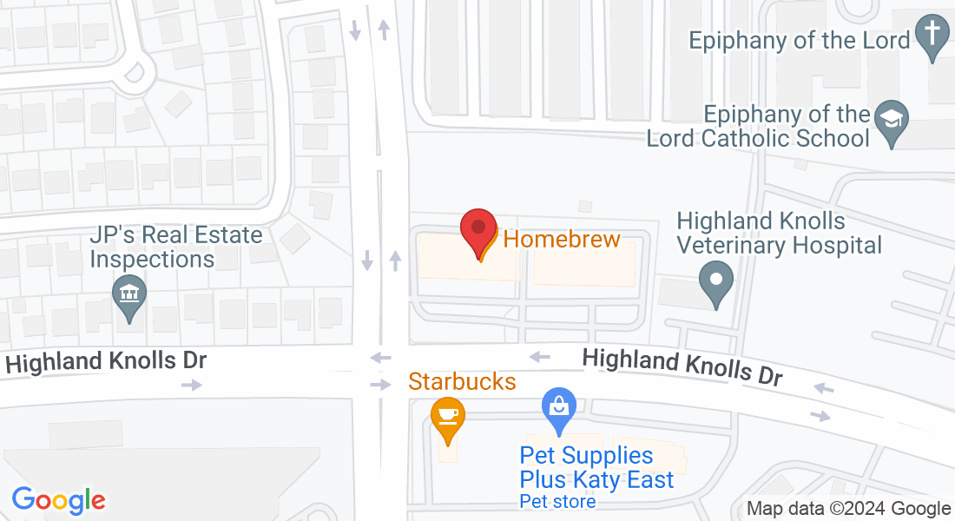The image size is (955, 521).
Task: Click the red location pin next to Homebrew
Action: click(477, 230)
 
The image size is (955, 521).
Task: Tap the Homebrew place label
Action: click(562, 239)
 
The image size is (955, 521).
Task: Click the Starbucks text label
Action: click(462, 381)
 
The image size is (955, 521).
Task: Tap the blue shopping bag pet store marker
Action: click(559, 408)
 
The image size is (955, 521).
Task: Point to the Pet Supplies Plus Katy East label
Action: click(596, 467)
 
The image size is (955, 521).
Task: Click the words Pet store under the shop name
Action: click(557, 501)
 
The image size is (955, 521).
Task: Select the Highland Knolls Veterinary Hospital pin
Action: click(716, 281)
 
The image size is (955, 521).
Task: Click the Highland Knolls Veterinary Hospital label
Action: click(779, 234)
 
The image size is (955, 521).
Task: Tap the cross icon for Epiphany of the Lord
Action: click(932, 36)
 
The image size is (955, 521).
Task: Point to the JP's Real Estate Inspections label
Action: click(176, 247)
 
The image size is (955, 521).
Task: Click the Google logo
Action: click(58, 499)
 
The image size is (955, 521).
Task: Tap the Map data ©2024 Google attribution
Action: click(849, 509)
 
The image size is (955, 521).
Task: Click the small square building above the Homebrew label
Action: click(585, 207)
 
